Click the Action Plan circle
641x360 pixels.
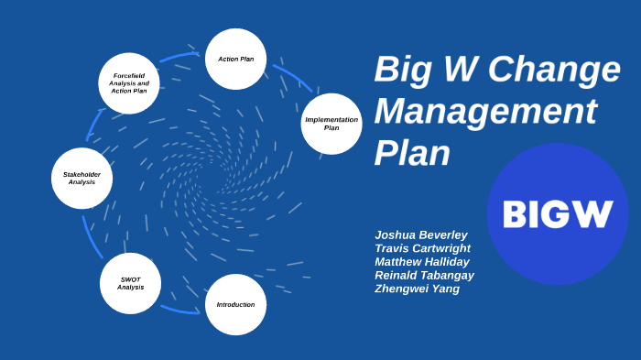tap(235, 59)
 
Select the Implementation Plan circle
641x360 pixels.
tap(331, 124)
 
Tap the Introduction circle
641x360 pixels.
tap(235, 304)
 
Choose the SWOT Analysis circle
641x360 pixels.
tap(130, 283)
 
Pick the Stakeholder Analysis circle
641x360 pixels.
tap(81, 178)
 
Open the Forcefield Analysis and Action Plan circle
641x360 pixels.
tap(129, 83)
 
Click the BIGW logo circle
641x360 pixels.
tap(557, 213)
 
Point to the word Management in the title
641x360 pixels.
tap(485, 112)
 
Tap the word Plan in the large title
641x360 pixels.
tap(412, 153)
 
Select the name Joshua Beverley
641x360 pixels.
tap(421, 235)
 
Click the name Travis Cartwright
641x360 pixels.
tap(422, 248)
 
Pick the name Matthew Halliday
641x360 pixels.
tap(422, 262)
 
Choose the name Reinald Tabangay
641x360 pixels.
tap(424, 275)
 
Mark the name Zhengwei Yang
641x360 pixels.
tap(417, 289)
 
